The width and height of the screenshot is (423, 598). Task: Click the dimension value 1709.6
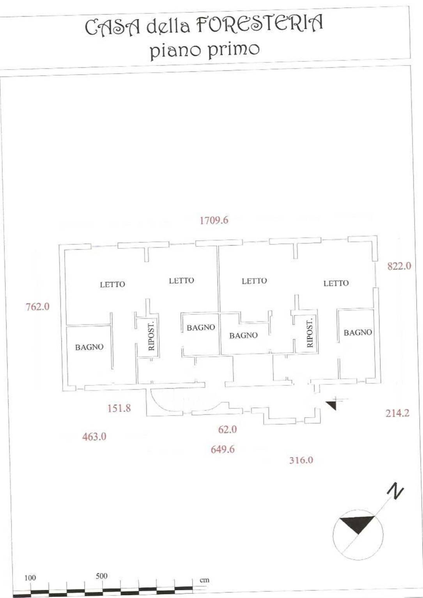(x=214, y=221)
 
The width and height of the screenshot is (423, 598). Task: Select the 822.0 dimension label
(x=399, y=266)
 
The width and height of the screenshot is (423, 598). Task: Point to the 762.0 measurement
(x=37, y=307)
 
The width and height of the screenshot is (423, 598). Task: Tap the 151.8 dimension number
(x=119, y=408)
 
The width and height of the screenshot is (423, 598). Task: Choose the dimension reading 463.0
(x=94, y=437)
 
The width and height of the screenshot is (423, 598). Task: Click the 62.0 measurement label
(x=227, y=429)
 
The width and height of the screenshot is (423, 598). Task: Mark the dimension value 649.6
(x=223, y=449)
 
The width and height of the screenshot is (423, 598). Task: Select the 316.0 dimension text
(x=301, y=460)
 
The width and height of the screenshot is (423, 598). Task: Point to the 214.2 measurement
(x=397, y=413)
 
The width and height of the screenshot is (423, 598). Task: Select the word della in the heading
(x=168, y=26)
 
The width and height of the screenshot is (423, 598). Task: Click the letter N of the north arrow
(x=395, y=490)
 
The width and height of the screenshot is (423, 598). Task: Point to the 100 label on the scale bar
(x=30, y=578)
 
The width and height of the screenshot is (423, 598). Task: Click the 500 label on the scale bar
(x=101, y=576)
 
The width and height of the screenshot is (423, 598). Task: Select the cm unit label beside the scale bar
(x=204, y=580)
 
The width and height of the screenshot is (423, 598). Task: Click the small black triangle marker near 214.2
(x=332, y=405)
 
